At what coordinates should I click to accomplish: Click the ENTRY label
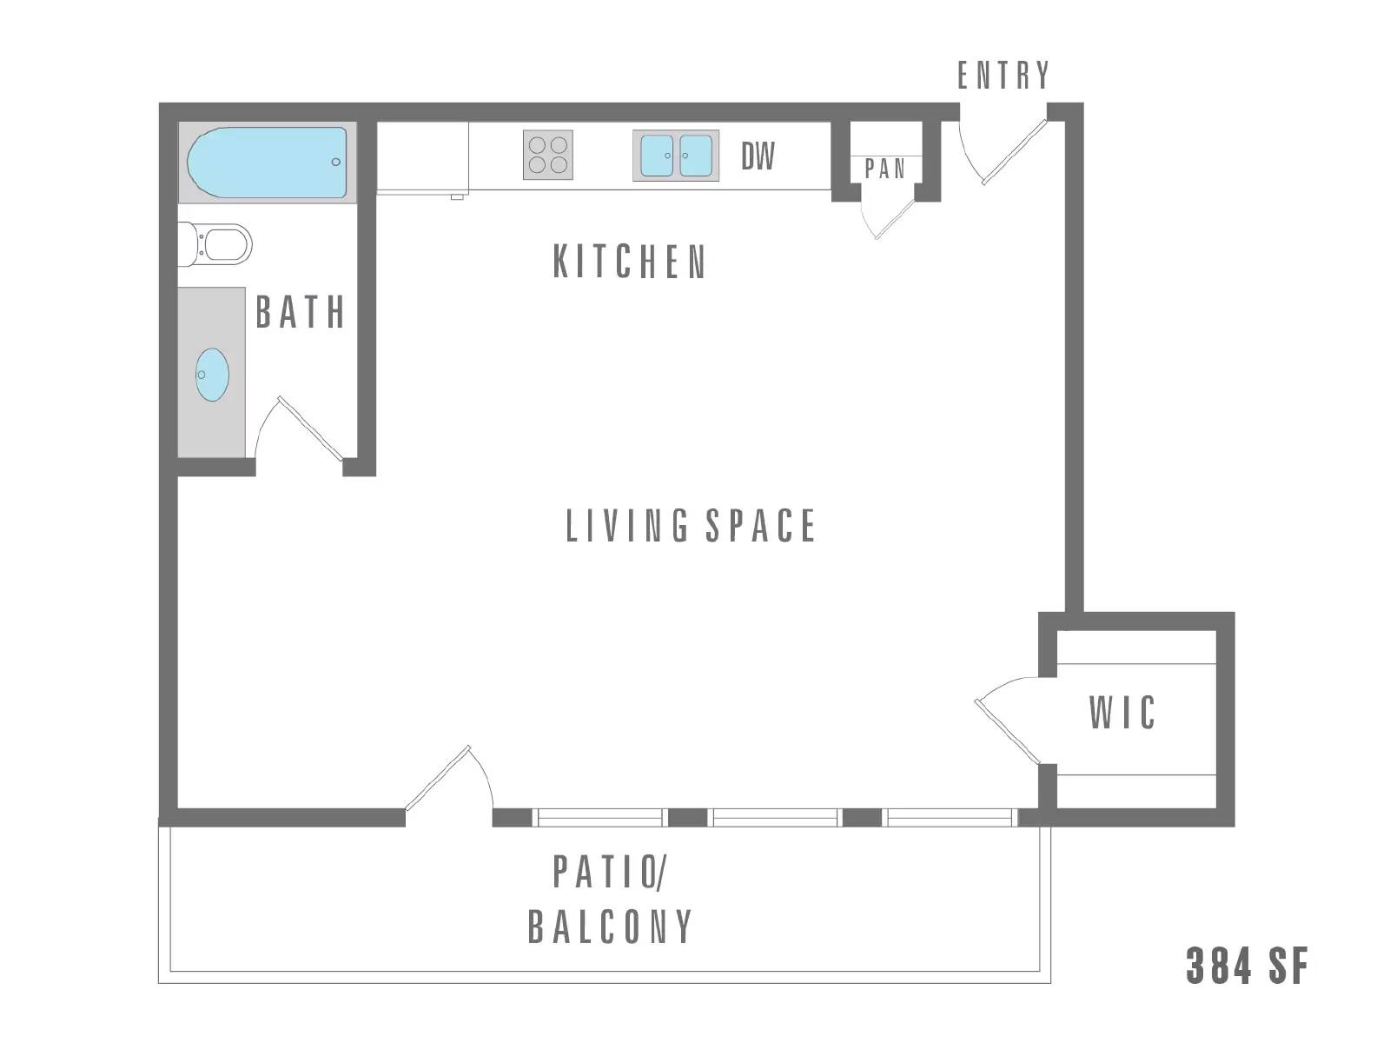1003,76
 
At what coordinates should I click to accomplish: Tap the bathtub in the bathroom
268,163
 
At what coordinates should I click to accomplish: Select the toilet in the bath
215,244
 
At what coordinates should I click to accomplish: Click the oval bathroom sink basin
211,375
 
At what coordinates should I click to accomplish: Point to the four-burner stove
548,156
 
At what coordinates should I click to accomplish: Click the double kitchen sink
676,156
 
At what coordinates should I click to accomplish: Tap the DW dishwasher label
758,156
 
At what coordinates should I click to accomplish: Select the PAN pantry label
884,169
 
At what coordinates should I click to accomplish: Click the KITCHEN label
630,262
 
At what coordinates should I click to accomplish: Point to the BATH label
301,311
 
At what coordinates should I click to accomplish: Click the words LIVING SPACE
691,526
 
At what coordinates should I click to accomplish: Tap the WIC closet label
1122,712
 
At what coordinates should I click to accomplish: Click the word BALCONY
610,927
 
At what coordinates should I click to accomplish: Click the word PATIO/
610,872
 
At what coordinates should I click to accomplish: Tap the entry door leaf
1014,152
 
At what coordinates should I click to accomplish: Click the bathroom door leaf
310,428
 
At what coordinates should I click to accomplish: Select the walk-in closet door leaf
1007,732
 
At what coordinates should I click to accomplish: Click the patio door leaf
438,778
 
